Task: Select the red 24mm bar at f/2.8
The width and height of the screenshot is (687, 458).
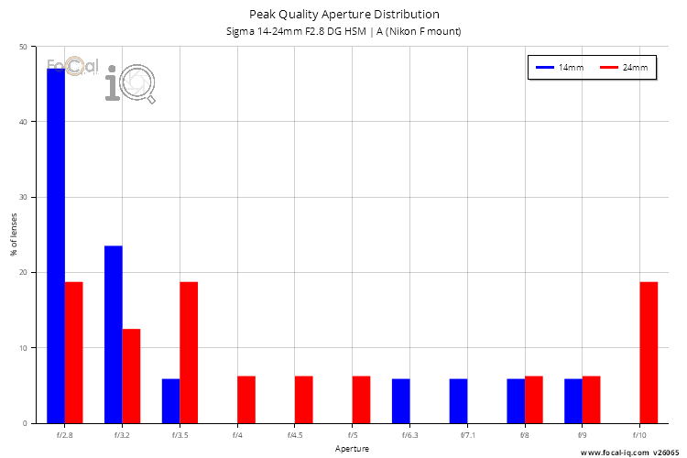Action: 74,353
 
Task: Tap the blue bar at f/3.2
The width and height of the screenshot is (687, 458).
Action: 114,334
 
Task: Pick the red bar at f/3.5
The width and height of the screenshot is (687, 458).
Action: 189,353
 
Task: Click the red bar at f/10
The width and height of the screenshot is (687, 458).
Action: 649,353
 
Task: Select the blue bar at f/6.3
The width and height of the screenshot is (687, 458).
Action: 400,401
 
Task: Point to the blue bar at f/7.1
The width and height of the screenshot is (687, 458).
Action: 458,401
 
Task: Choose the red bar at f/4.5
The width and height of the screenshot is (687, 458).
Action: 304,399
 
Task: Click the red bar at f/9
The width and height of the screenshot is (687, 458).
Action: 591,399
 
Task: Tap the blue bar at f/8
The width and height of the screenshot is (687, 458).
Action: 516,401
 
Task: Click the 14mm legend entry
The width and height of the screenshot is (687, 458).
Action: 560,68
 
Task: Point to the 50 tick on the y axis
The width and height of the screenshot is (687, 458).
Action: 22,46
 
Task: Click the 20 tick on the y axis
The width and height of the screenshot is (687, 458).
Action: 22,272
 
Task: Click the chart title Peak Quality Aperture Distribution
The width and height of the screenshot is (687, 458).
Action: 343,14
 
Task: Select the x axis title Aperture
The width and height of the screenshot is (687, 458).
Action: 352,450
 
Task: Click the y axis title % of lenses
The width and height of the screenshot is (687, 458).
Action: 13,234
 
